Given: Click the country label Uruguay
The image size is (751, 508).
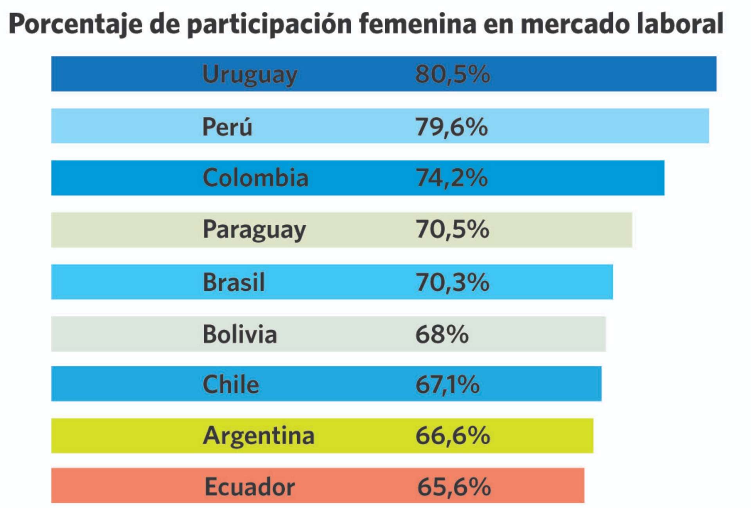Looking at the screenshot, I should (250, 74).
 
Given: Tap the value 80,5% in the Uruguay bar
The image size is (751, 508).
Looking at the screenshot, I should (452, 74).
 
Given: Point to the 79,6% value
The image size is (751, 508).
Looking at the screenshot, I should (451, 127).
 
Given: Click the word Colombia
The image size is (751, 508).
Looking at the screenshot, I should (255, 178).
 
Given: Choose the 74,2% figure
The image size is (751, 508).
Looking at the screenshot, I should (451, 178).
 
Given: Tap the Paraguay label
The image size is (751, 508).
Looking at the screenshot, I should (254, 229).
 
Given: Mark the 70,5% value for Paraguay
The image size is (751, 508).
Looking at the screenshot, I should (452, 229).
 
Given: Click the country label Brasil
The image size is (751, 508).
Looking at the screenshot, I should (234, 282).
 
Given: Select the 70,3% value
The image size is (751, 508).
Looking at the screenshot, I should (452, 282).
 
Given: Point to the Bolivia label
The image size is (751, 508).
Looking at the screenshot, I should (240, 334).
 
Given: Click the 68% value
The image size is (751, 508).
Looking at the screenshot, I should (442, 334).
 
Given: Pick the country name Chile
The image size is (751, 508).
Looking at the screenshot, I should (231, 384).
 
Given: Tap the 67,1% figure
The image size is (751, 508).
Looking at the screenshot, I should (447, 384).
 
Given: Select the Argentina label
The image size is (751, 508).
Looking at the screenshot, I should (259, 436).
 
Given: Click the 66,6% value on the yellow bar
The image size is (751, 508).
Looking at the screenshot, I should (452, 436).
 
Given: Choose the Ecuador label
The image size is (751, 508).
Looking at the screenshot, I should (250, 487).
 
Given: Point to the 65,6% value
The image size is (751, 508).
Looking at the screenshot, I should (454, 487).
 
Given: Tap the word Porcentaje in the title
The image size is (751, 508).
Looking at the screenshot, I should (75, 24).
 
